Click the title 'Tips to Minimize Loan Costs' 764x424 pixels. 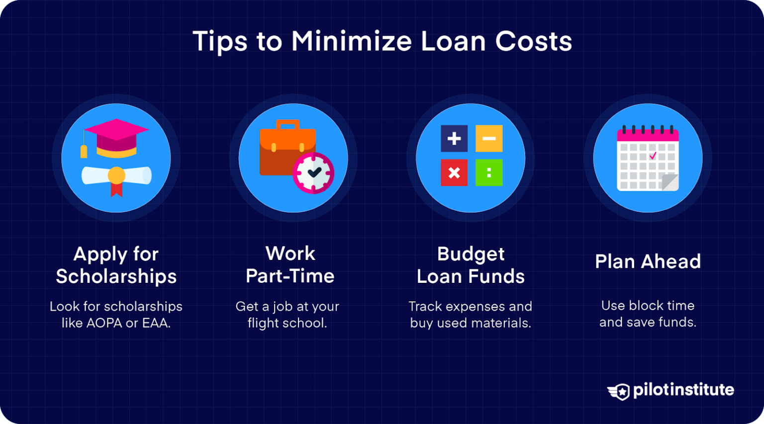(x=382, y=41)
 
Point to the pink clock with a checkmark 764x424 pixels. (x=313, y=173)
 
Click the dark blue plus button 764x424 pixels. (x=454, y=139)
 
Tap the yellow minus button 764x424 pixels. (x=489, y=139)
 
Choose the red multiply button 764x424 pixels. (x=454, y=172)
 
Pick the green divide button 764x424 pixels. (x=489, y=172)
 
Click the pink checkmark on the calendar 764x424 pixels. (x=653, y=156)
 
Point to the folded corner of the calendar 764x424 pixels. (x=670, y=182)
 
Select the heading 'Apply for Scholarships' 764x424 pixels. (x=116, y=265)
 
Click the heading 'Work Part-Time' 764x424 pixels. (x=290, y=264)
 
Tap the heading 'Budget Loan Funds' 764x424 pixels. (x=471, y=265)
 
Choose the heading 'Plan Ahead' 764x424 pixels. (x=648, y=261)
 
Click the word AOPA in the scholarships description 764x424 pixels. (x=104, y=323)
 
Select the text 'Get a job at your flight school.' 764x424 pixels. (x=287, y=315)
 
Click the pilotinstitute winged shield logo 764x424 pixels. (x=619, y=391)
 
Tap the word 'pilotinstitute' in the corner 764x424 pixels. (x=683, y=390)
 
